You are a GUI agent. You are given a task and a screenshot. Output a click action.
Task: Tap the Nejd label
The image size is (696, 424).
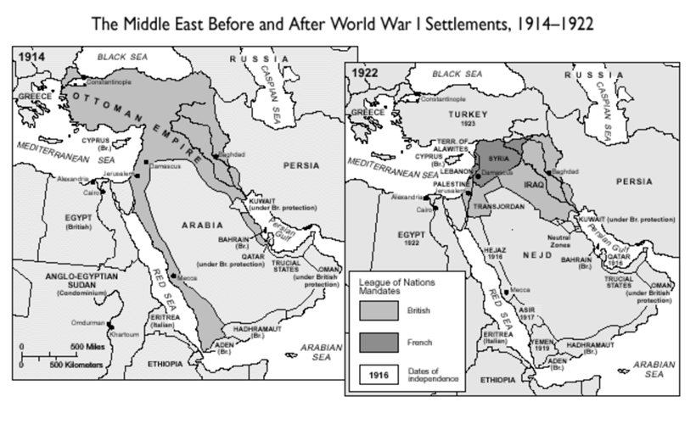pos(538,253)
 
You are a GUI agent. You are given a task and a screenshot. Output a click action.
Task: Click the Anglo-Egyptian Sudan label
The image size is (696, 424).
pos(69,281)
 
